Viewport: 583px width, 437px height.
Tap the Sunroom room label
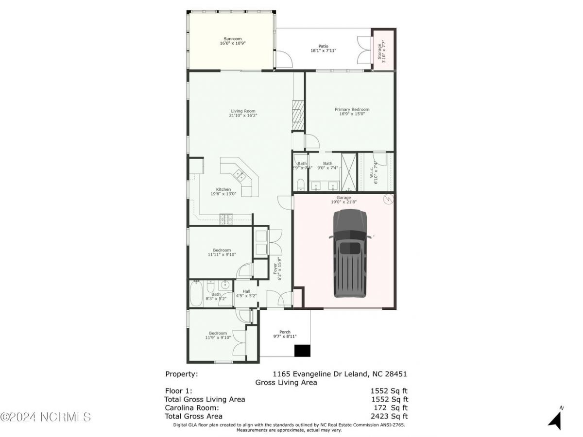point(232,39)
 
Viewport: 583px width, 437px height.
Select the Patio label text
point(323,46)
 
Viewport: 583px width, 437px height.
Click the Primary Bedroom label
point(352,110)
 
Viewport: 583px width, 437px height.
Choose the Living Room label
point(243,111)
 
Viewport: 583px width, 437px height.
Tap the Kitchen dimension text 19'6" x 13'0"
point(223,194)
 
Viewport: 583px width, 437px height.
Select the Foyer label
point(279,268)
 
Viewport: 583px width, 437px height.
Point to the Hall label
point(246,291)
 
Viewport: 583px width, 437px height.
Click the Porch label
point(285,332)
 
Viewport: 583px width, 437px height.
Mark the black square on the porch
point(303,351)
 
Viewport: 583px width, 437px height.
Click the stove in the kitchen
point(226,219)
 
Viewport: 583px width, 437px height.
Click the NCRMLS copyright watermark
point(46,417)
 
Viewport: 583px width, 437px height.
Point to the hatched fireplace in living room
point(297,116)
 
